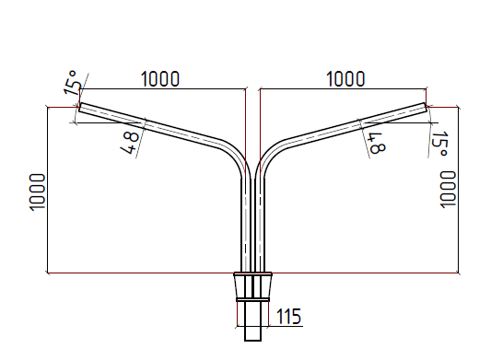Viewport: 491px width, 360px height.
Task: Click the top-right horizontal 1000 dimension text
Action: (345, 78)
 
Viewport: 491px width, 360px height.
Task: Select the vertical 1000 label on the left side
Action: (37, 191)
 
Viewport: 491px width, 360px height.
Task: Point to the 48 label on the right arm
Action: (376, 141)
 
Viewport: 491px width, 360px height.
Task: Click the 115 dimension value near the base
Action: (288, 317)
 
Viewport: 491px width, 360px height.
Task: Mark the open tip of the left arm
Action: (79, 108)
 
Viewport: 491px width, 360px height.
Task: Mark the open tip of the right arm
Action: (427, 108)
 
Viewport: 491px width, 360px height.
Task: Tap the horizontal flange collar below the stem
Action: (252, 274)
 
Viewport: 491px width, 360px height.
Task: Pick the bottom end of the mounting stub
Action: (252, 339)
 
